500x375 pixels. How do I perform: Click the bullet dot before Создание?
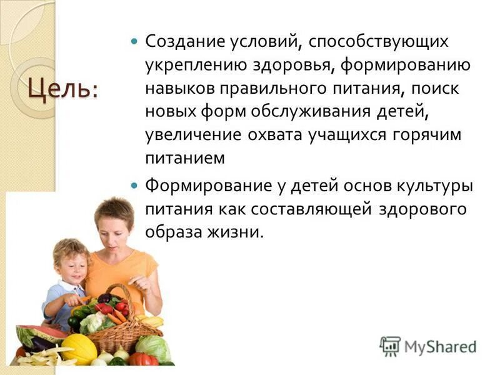tap(133, 42)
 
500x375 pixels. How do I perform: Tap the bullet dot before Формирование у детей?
tap(133, 186)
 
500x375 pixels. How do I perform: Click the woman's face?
tap(113, 231)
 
